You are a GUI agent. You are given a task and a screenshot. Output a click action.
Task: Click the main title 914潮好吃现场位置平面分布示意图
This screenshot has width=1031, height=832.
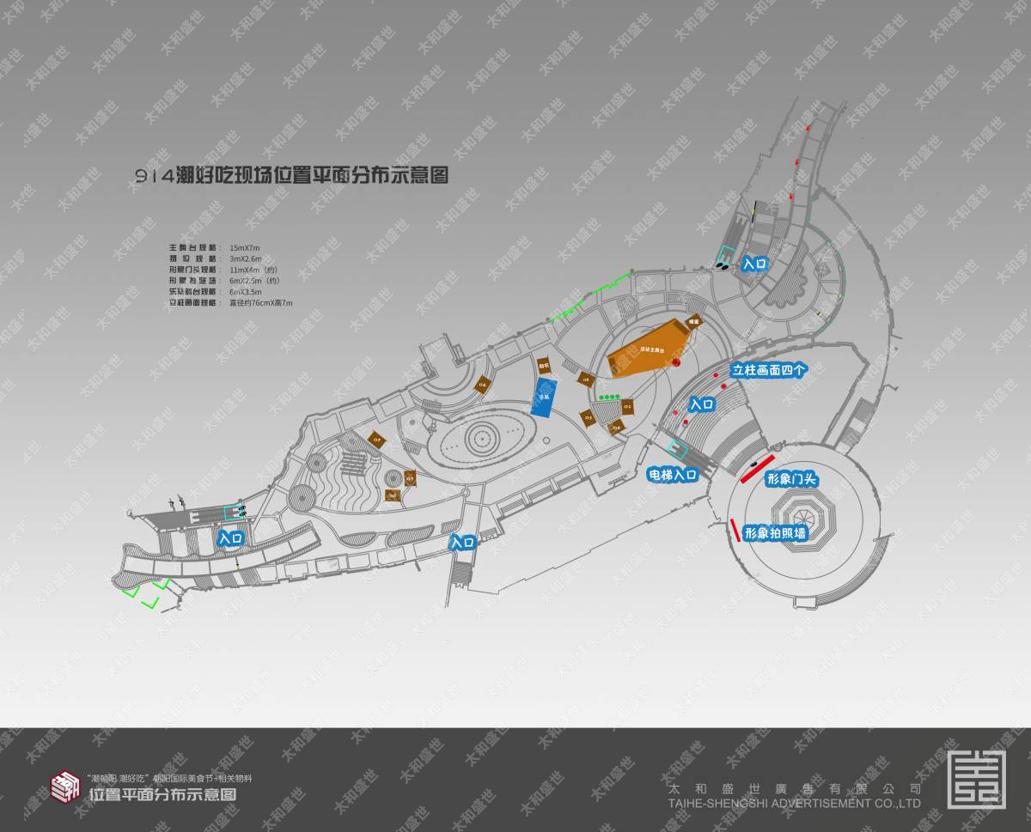coord(293,175)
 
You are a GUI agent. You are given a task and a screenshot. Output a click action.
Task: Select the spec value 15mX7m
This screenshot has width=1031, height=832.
coord(245,247)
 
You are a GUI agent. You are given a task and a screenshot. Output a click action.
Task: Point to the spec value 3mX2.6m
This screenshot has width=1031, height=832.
coord(246,258)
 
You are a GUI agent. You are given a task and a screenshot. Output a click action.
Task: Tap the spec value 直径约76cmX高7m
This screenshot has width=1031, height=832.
coord(261,303)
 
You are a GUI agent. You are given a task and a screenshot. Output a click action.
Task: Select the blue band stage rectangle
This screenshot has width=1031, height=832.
coord(543,398)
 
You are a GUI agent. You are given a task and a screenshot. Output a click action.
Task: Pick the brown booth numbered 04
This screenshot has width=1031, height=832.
coord(482,384)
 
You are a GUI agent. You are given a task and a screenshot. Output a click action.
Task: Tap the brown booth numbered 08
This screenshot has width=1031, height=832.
coord(587,379)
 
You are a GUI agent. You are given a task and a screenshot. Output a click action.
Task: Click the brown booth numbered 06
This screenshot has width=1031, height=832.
coord(393,495)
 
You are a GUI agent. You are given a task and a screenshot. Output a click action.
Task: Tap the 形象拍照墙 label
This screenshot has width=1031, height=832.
coord(776,533)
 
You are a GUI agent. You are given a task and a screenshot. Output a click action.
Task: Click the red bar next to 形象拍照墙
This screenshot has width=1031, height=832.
coord(735,530)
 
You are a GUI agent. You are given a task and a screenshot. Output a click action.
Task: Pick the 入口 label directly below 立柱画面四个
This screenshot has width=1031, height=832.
coord(703,403)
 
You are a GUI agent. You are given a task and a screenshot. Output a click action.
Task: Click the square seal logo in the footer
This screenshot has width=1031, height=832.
coord(976,778)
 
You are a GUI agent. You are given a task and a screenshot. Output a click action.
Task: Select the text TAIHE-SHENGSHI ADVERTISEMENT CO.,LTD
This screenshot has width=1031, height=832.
coord(793,804)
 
